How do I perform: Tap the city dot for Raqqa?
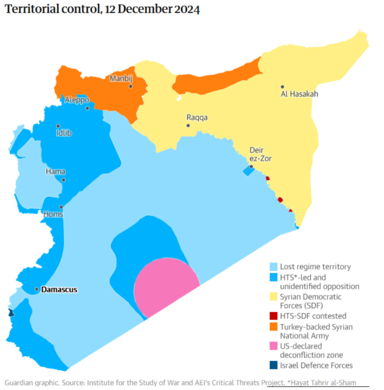[x=188, y=125]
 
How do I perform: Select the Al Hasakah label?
[x=300, y=94]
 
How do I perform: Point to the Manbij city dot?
[x=131, y=87]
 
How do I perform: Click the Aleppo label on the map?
[x=77, y=100]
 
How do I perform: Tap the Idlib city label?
[x=64, y=133]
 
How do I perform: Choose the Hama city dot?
[x=63, y=180]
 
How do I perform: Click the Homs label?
[x=53, y=214]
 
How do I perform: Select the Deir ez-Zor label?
[x=260, y=154]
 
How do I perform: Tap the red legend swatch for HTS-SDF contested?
[x=274, y=316]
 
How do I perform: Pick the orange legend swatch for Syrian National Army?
[x=274, y=327]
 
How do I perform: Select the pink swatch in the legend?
[x=274, y=346]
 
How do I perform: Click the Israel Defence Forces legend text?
[x=316, y=365]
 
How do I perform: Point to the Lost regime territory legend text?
[x=315, y=267]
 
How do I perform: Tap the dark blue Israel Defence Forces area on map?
[x=11, y=313]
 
